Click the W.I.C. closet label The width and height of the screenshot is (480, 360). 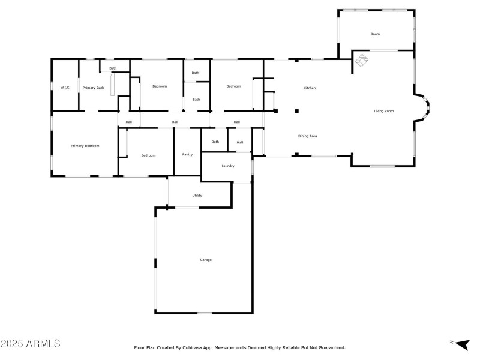(x=65, y=88)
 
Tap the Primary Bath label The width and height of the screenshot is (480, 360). (x=93, y=88)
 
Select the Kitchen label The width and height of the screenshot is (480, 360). (x=310, y=88)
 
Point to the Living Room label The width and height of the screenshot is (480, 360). (x=384, y=111)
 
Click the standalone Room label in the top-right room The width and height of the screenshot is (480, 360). (x=375, y=34)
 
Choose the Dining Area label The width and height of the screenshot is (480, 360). (x=307, y=136)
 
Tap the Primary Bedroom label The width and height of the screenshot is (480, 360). (x=85, y=146)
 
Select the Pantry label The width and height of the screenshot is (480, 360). (x=187, y=154)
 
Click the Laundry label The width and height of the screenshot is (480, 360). (x=227, y=166)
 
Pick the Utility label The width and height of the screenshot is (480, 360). (x=197, y=196)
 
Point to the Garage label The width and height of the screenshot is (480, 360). (x=206, y=260)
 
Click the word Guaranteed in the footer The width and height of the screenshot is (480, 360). (x=332, y=347)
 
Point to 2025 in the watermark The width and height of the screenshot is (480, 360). (x=11, y=344)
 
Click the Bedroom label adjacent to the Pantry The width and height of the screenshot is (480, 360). (x=148, y=155)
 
